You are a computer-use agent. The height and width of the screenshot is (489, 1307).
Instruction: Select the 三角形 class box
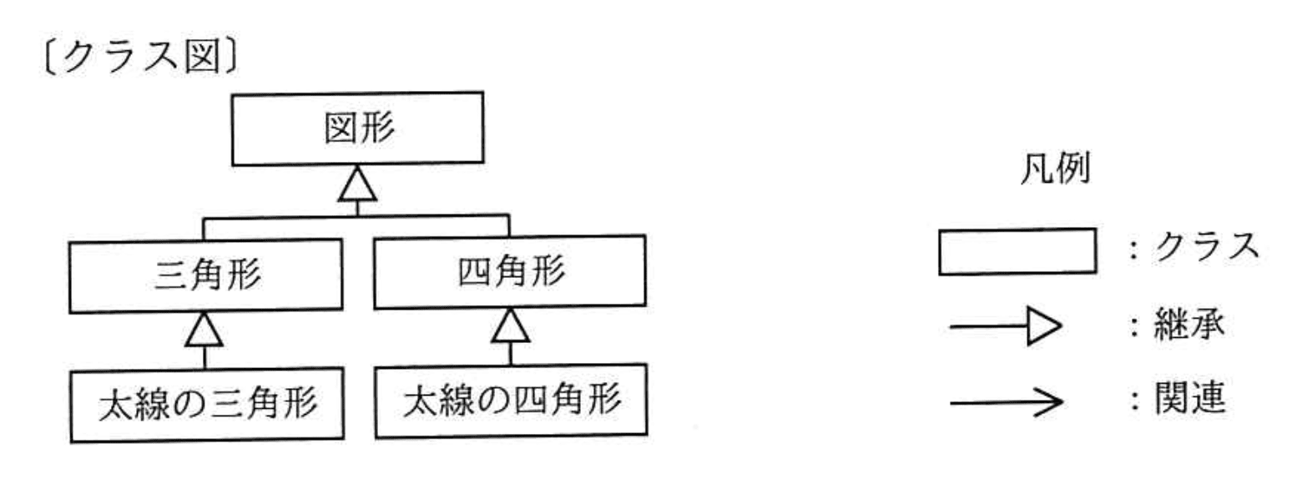[x=206, y=276]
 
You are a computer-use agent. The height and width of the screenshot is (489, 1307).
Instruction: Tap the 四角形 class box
[x=509, y=272]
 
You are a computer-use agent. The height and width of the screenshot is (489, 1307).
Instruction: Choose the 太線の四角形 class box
[x=511, y=401]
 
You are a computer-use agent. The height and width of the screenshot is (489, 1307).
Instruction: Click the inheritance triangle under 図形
[x=357, y=184]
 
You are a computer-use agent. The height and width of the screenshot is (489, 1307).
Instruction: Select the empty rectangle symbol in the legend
[x=1017, y=251]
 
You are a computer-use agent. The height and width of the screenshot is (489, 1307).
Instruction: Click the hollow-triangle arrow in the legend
[x=1006, y=327]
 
